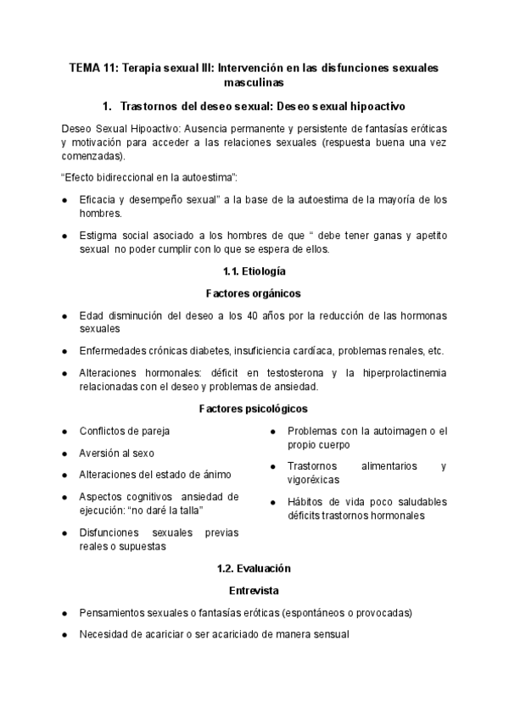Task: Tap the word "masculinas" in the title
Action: (254, 83)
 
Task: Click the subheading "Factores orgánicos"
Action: (254, 293)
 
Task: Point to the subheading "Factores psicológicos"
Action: (254, 408)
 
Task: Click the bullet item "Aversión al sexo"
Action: (117, 453)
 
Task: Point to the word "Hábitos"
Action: (306, 502)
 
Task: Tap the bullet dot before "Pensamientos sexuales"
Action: (65, 612)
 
